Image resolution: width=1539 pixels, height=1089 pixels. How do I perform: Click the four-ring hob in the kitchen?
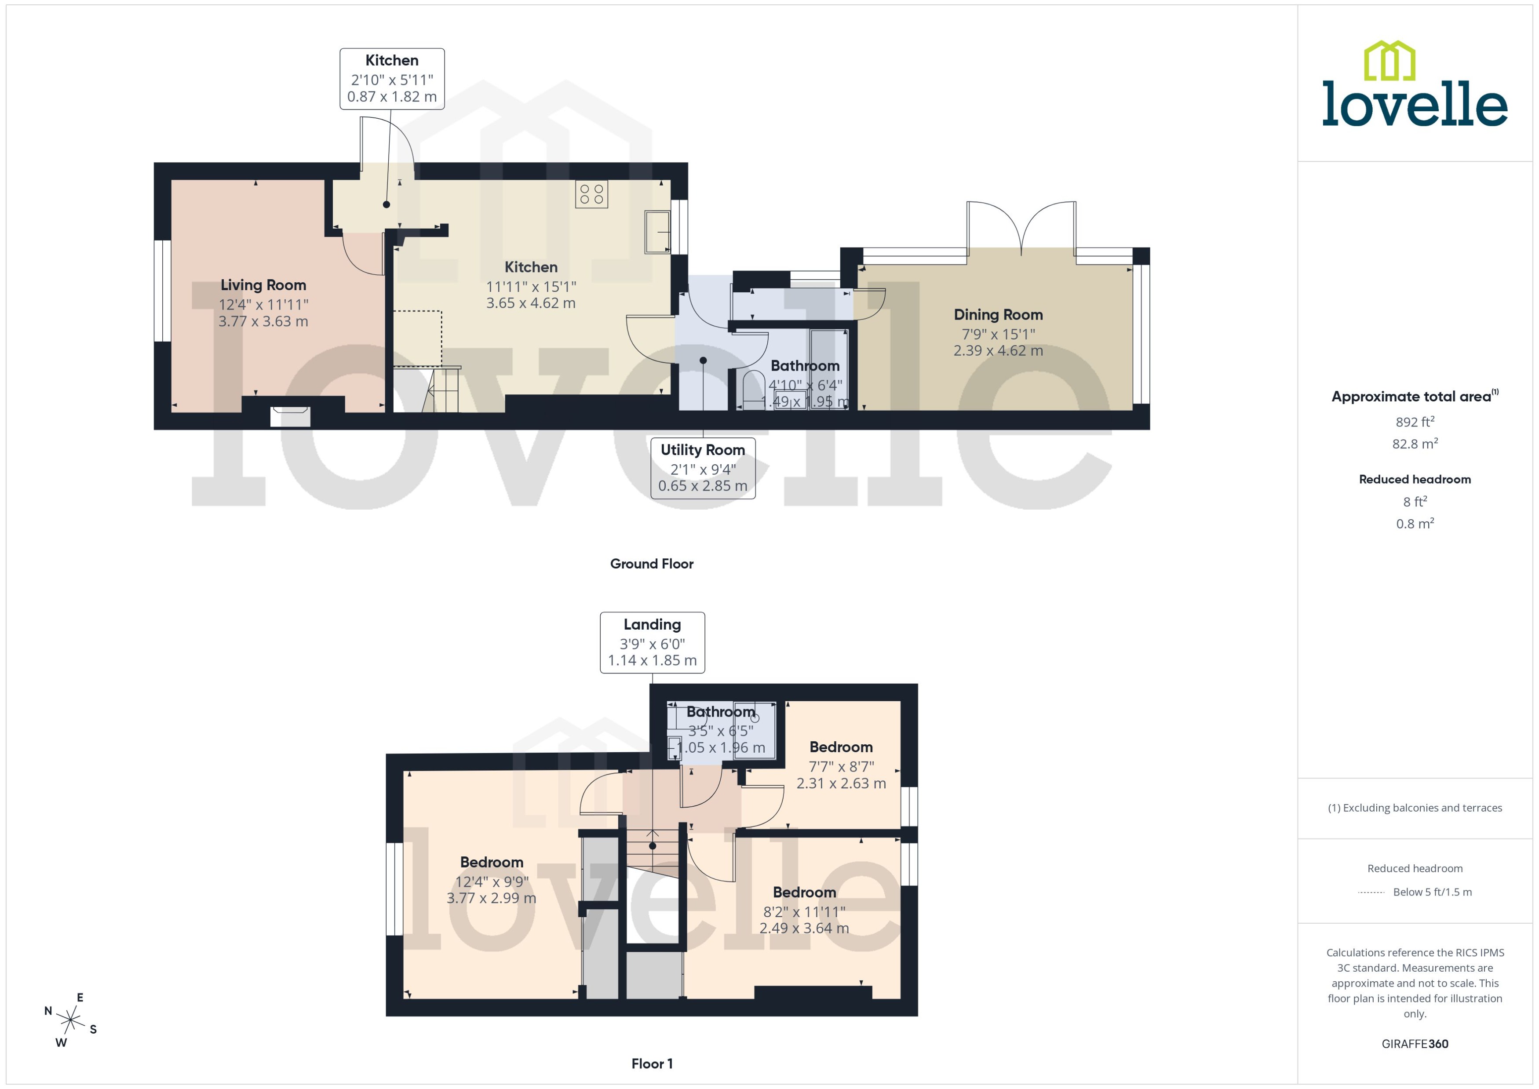(591, 194)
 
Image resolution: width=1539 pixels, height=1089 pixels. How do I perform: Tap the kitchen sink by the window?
(657, 232)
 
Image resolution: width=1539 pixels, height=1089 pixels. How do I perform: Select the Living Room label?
(263, 285)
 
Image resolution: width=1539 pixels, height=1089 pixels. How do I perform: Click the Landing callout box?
(652, 642)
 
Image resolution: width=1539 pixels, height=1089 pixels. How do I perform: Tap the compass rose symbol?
(70, 1020)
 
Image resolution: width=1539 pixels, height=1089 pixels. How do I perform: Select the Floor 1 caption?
(651, 1064)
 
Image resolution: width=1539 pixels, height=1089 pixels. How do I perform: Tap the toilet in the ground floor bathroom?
(754, 388)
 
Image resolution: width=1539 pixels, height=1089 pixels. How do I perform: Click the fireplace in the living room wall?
(290, 416)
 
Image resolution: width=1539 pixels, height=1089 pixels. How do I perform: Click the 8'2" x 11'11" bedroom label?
(804, 911)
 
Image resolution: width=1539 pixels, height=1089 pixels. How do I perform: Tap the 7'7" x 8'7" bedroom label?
(841, 765)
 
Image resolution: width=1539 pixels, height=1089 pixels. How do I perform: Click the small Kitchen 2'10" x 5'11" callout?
(392, 78)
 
